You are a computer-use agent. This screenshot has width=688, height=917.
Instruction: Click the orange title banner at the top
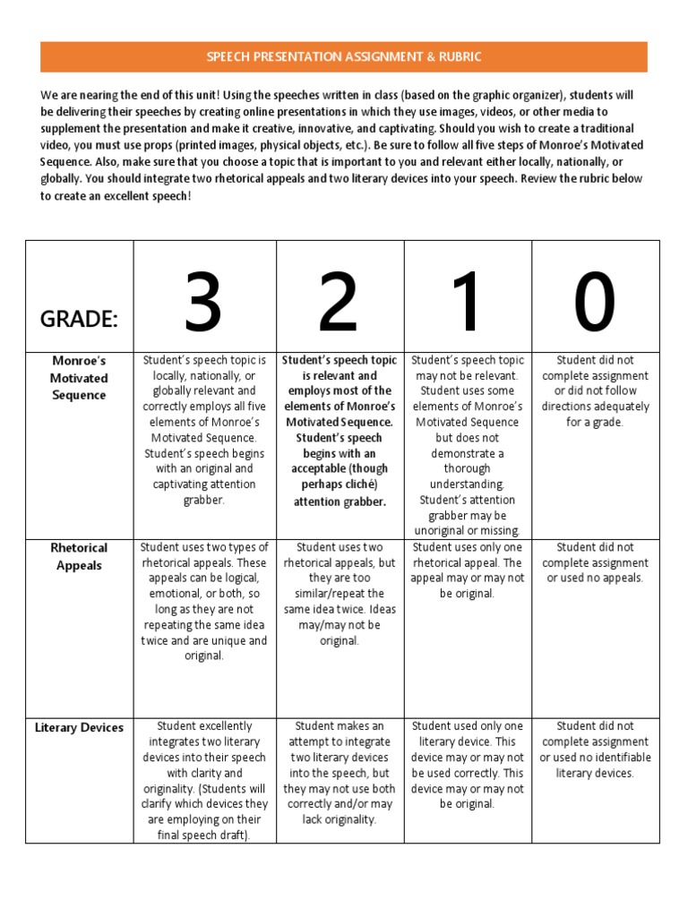tap(344, 56)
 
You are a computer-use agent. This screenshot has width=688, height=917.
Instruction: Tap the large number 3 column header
tap(203, 303)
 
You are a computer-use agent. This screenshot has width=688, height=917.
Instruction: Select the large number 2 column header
tap(339, 303)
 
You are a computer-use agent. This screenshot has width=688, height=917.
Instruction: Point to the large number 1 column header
tap(467, 303)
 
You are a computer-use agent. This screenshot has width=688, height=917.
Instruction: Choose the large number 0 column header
tap(595, 303)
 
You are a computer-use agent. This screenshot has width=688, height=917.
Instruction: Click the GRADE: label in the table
tap(79, 321)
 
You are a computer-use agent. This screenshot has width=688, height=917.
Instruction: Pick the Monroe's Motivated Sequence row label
tap(79, 378)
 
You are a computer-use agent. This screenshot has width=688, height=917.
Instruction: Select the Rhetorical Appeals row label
tap(79, 556)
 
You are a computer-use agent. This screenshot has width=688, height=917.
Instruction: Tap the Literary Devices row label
tap(79, 727)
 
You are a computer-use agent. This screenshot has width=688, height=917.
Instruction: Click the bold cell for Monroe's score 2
tap(340, 430)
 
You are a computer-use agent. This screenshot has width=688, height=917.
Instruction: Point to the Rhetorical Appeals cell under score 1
tap(467, 570)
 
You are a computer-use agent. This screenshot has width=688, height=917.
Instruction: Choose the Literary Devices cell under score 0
tap(595, 750)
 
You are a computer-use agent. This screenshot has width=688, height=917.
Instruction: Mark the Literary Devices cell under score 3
tap(204, 780)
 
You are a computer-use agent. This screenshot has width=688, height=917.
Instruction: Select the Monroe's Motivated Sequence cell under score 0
tap(595, 390)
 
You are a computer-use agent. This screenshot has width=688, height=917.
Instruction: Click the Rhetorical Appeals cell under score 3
tap(204, 601)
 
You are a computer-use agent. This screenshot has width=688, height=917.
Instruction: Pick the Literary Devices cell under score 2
tap(340, 772)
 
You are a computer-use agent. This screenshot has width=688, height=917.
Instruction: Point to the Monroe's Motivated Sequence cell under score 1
tap(467, 445)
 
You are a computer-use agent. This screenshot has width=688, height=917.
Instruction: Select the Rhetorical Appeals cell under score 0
tap(595, 562)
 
